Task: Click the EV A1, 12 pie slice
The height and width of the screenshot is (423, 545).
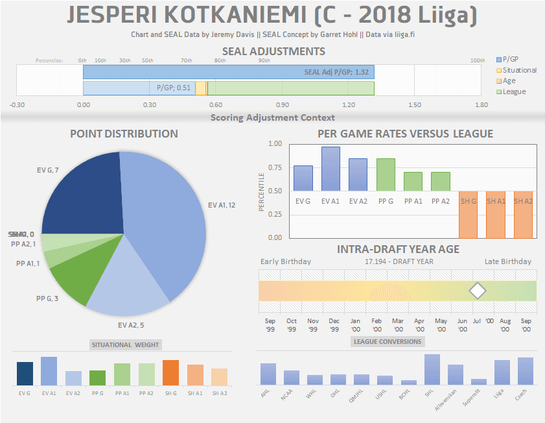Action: [x=162, y=214]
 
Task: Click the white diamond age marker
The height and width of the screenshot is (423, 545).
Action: [x=478, y=291]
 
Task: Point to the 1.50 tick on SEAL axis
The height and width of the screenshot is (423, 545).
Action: [x=415, y=104]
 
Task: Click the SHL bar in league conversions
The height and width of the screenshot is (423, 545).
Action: [x=432, y=369]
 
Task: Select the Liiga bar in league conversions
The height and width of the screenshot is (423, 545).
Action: [x=502, y=372]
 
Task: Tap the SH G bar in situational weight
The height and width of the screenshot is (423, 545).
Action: [x=170, y=372]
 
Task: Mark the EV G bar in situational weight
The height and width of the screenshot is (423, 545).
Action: [x=25, y=374]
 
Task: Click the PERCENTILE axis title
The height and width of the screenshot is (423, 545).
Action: [x=262, y=191]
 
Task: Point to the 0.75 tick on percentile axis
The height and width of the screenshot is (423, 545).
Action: [x=275, y=167]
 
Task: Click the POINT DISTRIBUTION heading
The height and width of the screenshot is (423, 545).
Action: [x=124, y=134]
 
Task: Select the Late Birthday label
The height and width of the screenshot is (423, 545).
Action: [x=507, y=261]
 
